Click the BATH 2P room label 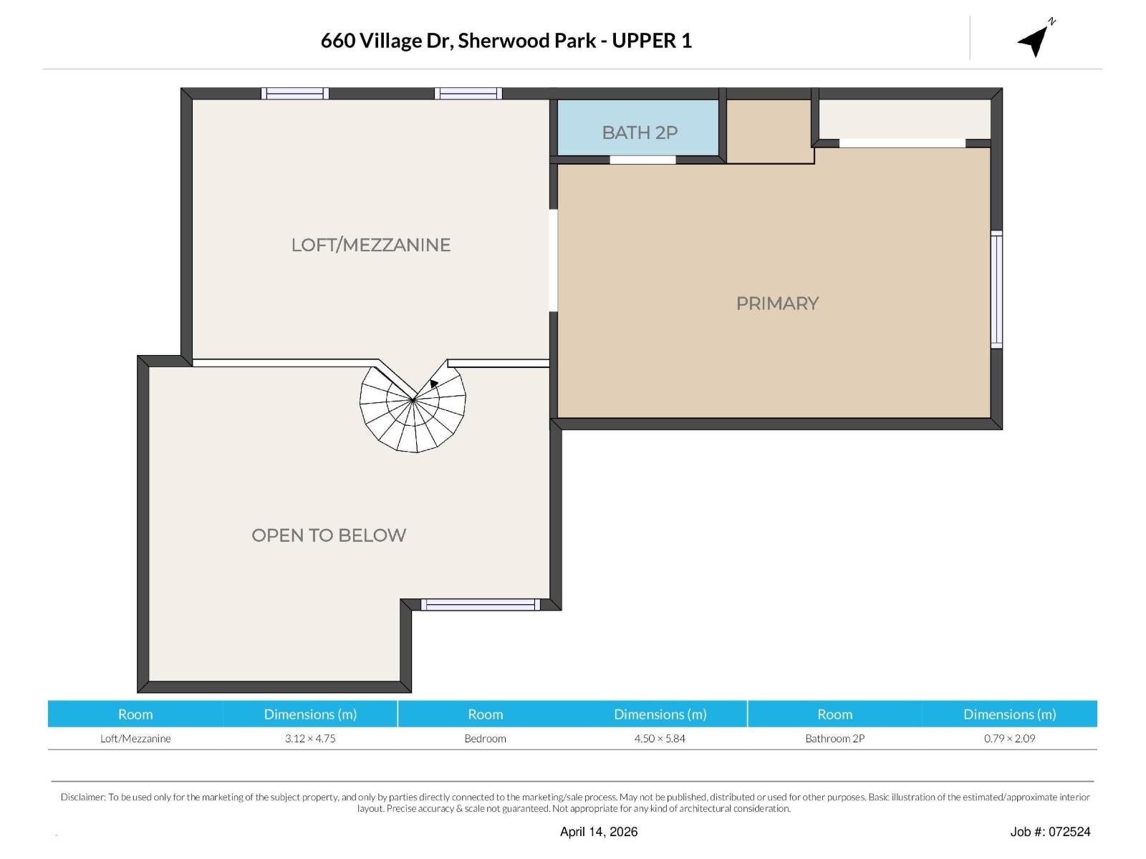point(640,132)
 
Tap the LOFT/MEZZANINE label point(370,245)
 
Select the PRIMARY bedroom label point(777,304)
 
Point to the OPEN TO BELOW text point(329,535)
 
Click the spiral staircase point(413,409)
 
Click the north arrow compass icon point(1035,39)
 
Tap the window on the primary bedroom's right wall point(996,290)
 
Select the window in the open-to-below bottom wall point(480,605)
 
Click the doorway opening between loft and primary point(553,260)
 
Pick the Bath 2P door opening point(642,160)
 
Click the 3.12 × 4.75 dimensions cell point(310,739)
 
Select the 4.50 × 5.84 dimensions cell point(660,739)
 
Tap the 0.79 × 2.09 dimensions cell point(1009,739)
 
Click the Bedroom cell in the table point(485,739)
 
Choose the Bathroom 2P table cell point(834,739)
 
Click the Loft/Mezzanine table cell point(135,739)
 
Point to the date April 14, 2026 point(599,832)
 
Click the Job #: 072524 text point(1050,832)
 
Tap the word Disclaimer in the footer point(82,797)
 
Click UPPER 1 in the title point(652,41)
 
